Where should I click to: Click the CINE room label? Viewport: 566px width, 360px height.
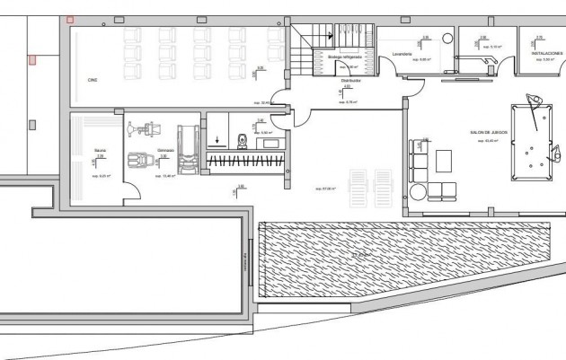[x=93, y=80]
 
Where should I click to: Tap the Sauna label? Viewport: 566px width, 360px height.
[x=100, y=150]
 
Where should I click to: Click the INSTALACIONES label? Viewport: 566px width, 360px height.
[x=547, y=53]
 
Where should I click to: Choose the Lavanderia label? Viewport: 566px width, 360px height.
[x=402, y=54]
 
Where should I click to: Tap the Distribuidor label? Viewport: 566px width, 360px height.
[x=350, y=80]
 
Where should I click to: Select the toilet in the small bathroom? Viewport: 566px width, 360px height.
[x=242, y=140]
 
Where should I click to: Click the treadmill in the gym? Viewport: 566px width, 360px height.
[x=187, y=148]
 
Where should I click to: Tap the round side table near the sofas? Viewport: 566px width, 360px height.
[x=418, y=191]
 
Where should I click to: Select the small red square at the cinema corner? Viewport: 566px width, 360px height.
[x=70, y=19]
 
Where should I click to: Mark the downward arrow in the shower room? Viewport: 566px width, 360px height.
[x=217, y=140]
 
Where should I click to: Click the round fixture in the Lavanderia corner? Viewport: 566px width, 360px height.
[x=447, y=39]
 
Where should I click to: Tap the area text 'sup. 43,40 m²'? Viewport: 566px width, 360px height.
[x=488, y=141]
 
